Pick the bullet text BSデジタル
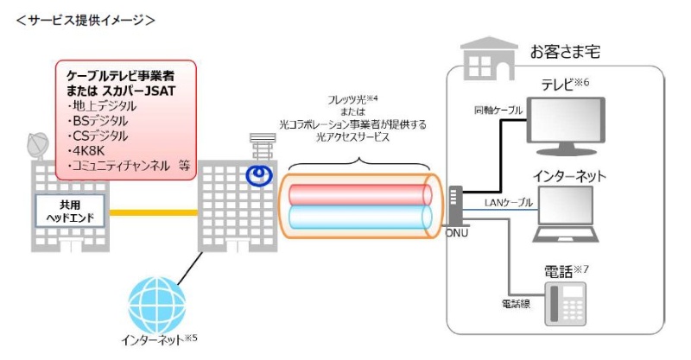[x=96, y=121]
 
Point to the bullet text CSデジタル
[x=96, y=136]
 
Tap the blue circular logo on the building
[x=257, y=175]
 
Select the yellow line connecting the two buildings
[x=155, y=212]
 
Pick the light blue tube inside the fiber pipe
[x=358, y=217]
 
